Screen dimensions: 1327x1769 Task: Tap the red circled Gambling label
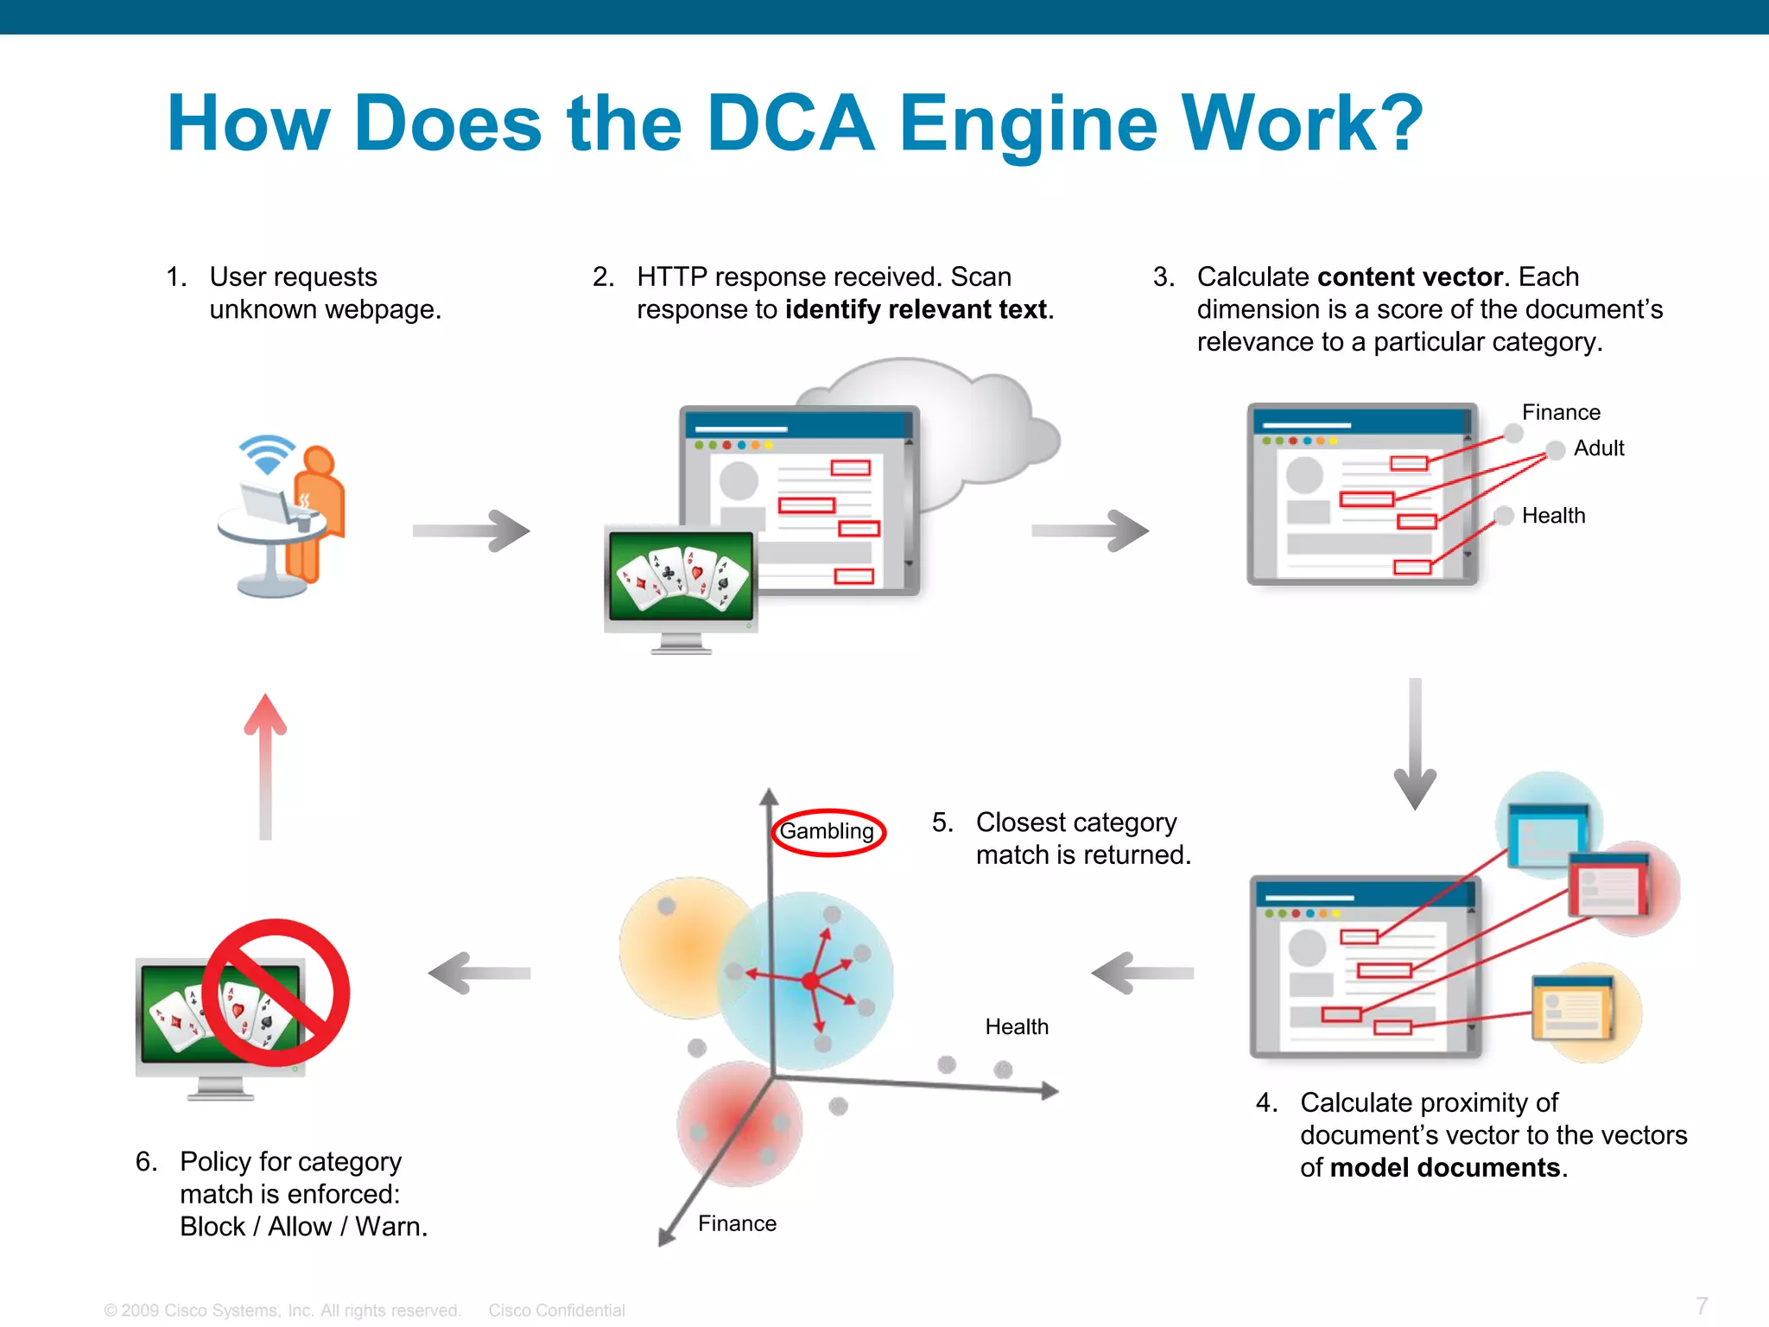click(x=827, y=831)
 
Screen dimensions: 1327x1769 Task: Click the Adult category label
click(x=1598, y=448)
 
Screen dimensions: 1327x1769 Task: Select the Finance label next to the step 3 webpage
click(x=1560, y=412)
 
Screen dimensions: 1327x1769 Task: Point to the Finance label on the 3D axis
click(x=737, y=1223)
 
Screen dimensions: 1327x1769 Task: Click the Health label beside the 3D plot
click(x=1017, y=1026)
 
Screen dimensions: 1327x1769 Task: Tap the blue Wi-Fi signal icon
click(x=267, y=454)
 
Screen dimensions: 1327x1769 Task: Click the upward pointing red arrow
click(x=265, y=765)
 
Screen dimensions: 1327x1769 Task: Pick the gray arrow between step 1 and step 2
click(x=472, y=530)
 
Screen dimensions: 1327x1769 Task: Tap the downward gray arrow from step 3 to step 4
click(x=1415, y=743)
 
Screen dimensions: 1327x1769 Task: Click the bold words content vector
click(x=1410, y=276)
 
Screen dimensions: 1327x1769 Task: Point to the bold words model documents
click(x=1445, y=1168)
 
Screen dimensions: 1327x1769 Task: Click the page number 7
click(x=1701, y=1305)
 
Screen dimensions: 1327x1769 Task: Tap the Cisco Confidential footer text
click(x=556, y=1311)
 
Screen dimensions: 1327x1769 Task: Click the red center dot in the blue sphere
click(x=809, y=981)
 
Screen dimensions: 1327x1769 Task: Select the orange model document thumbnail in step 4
click(x=1572, y=1008)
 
